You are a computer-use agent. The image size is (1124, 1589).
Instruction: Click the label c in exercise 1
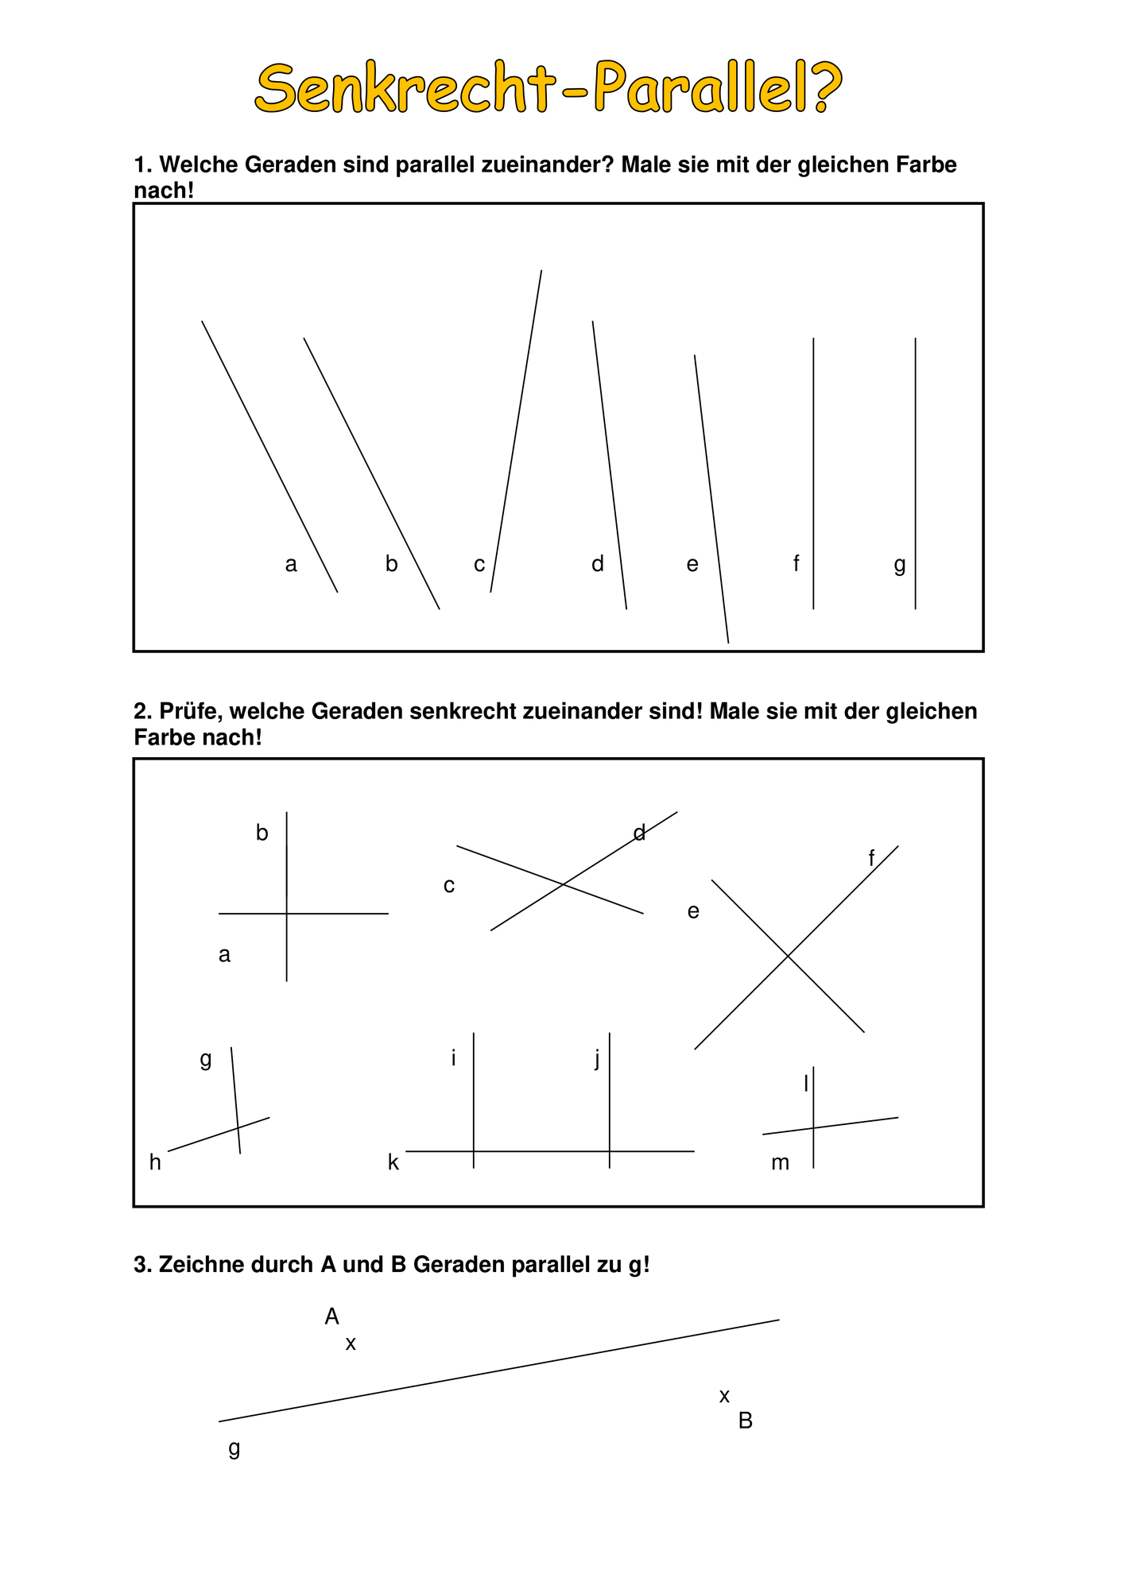(479, 565)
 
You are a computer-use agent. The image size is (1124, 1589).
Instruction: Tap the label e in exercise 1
(692, 565)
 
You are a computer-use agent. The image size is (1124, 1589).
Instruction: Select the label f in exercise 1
(796, 563)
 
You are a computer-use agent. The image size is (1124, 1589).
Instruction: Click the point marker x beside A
(351, 1344)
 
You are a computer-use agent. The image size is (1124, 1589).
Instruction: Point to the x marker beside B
(724, 1397)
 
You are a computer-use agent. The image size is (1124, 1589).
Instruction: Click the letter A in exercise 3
(331, 1317)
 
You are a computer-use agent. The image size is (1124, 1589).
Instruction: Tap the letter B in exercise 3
(745, 1421)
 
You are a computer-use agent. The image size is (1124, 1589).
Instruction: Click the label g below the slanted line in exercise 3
(234, 1448)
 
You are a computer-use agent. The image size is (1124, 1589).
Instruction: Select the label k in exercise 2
(393, 1163)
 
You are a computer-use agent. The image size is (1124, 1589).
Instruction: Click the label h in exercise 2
(155, 1163)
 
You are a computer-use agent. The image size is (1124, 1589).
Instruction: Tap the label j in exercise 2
(597, 1059)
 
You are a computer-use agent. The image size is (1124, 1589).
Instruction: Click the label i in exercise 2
(453, 1058)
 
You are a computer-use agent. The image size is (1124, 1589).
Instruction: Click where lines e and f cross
(789, 956)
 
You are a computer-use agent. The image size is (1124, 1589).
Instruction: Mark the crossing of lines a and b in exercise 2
(287, 914)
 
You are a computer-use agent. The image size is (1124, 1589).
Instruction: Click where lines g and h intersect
(238, 1128)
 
